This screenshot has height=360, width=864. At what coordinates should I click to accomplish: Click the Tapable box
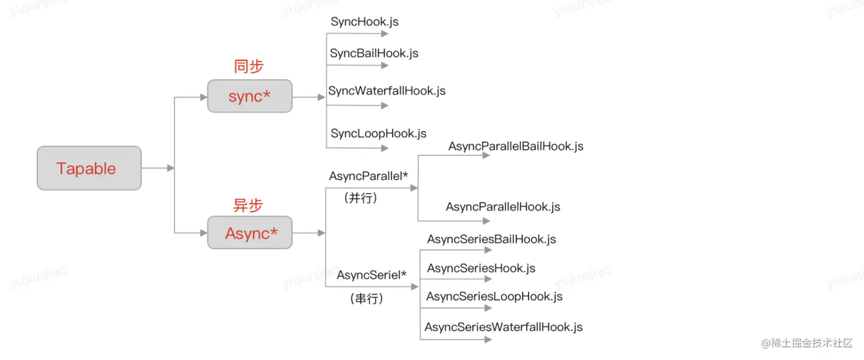coord(89,168)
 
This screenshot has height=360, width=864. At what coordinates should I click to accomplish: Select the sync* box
coord(249,96)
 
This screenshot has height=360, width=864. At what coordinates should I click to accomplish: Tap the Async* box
coord(250,233)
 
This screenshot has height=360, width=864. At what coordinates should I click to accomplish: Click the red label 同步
coord(249,67)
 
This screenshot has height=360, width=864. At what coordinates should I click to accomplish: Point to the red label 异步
coord(248,205)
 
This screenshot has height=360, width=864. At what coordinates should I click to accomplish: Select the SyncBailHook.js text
coord(374,53)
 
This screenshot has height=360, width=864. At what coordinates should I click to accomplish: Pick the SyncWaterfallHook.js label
coord(387,91)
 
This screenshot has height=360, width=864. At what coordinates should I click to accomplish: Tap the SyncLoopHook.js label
coord(378,134)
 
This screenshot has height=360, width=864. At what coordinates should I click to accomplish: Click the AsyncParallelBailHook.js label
coord(515,146)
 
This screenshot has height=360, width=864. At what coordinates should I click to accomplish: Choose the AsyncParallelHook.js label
coord(503,207)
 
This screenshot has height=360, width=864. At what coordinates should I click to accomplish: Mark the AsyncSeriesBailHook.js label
coord(491,239)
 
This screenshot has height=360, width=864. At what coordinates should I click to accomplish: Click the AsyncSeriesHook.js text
coord(481,268)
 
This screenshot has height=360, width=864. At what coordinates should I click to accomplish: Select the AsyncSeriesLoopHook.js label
coord(494,297)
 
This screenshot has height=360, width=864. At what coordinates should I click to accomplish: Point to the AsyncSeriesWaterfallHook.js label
coord(503,327)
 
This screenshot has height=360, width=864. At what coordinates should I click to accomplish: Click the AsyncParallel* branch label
coord(369,177)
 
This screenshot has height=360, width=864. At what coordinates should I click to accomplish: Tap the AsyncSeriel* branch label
coord(371,275)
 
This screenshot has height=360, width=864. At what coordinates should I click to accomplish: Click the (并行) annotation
coord(361,198)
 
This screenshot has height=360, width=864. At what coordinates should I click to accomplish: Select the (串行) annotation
coord(366,298)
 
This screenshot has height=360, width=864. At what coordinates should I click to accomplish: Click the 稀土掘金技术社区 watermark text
coord(811,343)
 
